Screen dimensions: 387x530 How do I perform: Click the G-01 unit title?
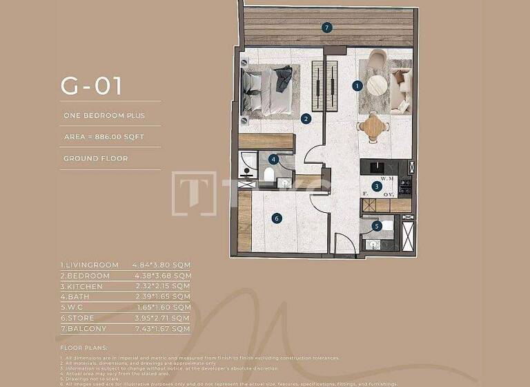point(91,86)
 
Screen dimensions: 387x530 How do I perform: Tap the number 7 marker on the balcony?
point(327,28)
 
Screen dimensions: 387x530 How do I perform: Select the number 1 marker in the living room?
point(357,86)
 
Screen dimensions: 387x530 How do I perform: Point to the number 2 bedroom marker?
point(306,119)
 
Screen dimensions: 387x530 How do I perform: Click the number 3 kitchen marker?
point(376,186)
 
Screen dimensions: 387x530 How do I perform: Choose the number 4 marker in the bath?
point(274,159)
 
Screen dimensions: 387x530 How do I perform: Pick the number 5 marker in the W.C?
point(376,225)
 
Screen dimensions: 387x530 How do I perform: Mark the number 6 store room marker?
point(277,218)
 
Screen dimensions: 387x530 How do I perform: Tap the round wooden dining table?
point(373,126)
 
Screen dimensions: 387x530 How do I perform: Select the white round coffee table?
point(377,85)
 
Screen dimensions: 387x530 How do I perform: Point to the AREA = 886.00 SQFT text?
point(104,137)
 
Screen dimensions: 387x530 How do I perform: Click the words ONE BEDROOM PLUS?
point(104,115)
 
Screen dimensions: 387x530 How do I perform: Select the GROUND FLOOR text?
point(96,158)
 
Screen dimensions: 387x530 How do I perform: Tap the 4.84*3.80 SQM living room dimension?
point(161,265)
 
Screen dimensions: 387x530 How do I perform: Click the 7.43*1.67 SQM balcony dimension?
point(161,328)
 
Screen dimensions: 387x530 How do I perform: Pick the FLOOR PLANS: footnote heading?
point(81,347)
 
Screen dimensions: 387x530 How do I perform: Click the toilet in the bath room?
point(268,173)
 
